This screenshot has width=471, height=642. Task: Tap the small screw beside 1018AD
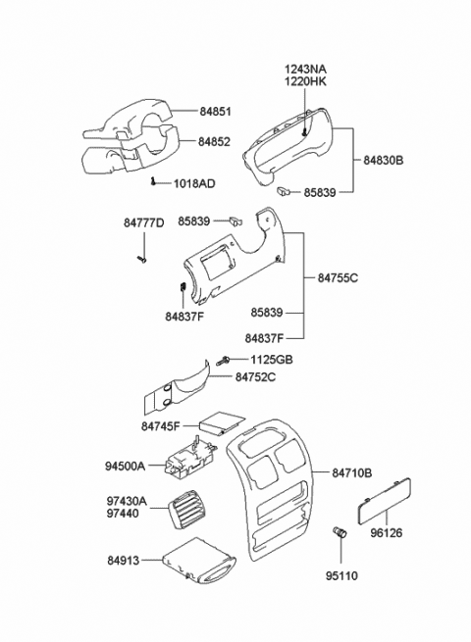coord(155,181)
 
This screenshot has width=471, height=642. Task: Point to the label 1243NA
coord(306,69)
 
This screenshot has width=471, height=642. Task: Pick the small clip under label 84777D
coord(141,259)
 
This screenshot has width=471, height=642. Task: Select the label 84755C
coord(339,279)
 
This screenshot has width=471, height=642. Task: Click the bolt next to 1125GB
coord(225,361)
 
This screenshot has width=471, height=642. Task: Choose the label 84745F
coord(161,426)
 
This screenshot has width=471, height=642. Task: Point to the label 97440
coord(127,514)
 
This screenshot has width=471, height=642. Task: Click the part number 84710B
coord(351,473)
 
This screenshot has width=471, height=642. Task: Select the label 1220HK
coord(307,82)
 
